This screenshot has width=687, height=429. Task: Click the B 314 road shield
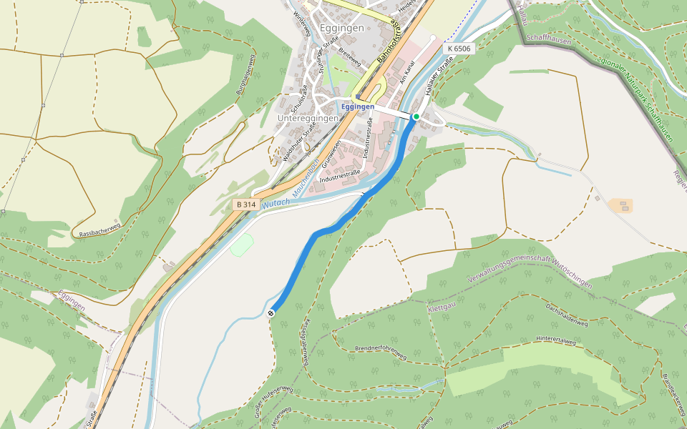245,204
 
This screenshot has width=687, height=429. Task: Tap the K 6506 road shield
458,49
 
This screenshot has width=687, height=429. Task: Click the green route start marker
416,116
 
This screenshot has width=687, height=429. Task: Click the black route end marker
271,313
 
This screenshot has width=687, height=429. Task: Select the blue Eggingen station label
358,107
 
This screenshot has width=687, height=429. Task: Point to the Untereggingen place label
308,118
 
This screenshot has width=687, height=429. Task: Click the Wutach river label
276,204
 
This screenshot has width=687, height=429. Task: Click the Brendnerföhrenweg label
381,352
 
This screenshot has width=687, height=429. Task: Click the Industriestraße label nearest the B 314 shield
339,174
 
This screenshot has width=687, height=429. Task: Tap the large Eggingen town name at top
342,28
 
